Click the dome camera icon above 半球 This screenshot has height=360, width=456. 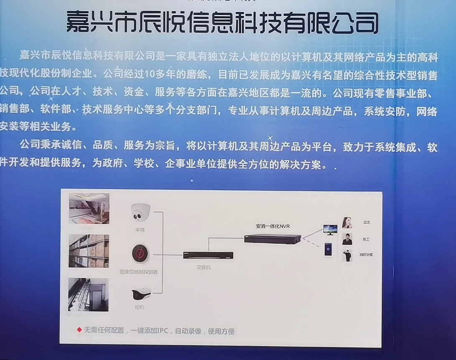140,212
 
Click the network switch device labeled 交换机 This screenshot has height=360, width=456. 208,255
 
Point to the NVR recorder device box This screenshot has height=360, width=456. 273,238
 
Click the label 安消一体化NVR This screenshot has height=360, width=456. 273,226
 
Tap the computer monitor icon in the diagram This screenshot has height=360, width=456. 330,230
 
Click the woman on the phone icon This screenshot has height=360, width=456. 347,222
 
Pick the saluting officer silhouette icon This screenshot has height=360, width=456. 347,255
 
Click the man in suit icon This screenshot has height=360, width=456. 347,239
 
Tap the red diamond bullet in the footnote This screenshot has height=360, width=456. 79,330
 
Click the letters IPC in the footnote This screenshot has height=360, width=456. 163,331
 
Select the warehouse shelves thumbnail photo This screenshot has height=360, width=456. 89,251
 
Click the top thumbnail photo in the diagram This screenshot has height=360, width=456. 89,208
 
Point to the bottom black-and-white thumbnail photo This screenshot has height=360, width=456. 88,294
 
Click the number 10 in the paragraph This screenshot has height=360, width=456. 150,75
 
